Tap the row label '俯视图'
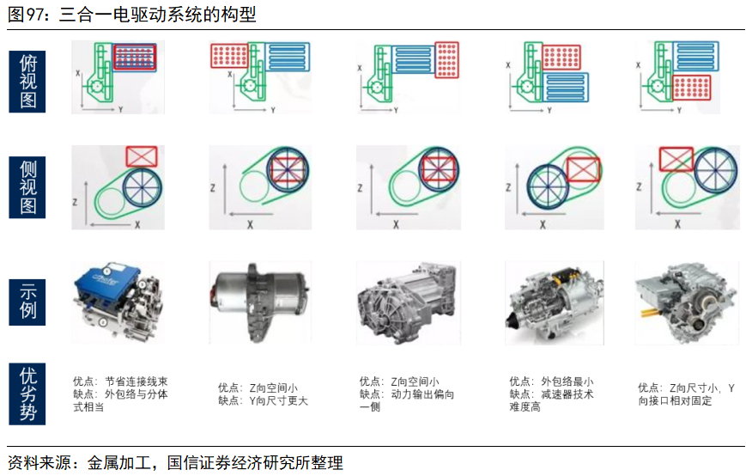(x=28, y=82)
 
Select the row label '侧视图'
(x=28, y=187)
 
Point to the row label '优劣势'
(x=28, y=394)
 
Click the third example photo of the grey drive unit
(x=407, y=302)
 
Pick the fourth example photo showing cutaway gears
(x=554, y=302)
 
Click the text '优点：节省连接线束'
(x=120, y=381)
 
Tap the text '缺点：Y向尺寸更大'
(x=263, y=400)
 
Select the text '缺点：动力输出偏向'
(x=407, y=394)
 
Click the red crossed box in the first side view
(x=142, y=156)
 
